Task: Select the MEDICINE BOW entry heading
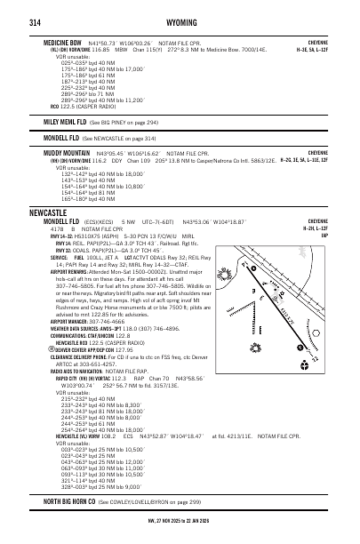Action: [65, 42]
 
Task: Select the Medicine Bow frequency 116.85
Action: [100, 49]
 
